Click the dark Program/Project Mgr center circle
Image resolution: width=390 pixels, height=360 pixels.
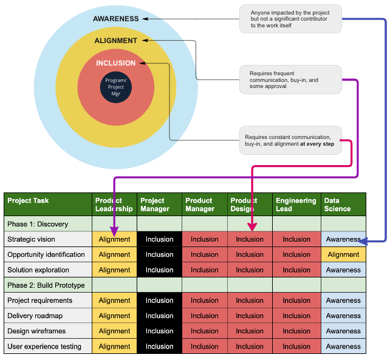click(x=115, y=87)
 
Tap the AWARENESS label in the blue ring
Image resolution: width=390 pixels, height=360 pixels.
click(x=115, y=19)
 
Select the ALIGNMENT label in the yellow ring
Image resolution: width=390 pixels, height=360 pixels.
click(x=115, y=41)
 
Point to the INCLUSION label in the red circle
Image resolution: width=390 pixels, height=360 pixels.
click(x=115, y=63)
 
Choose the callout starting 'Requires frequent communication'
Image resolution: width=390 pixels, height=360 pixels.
click(x=290, y=80)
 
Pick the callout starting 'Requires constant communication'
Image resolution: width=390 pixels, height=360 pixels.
click(x=290, y=141)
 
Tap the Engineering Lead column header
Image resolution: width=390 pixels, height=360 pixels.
click(x=296, y=204)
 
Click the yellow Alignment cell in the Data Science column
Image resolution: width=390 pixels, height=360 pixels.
click(x=343, y=255)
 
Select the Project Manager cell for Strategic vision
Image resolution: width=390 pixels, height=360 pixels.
click(x=159, y=239)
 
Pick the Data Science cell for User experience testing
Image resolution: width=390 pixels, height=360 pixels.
click(x=343, y=347)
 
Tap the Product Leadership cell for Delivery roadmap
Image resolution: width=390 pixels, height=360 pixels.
click(x=114, y=316)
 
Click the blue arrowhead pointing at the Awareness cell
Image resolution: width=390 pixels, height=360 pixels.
click(x=363, y=241)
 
